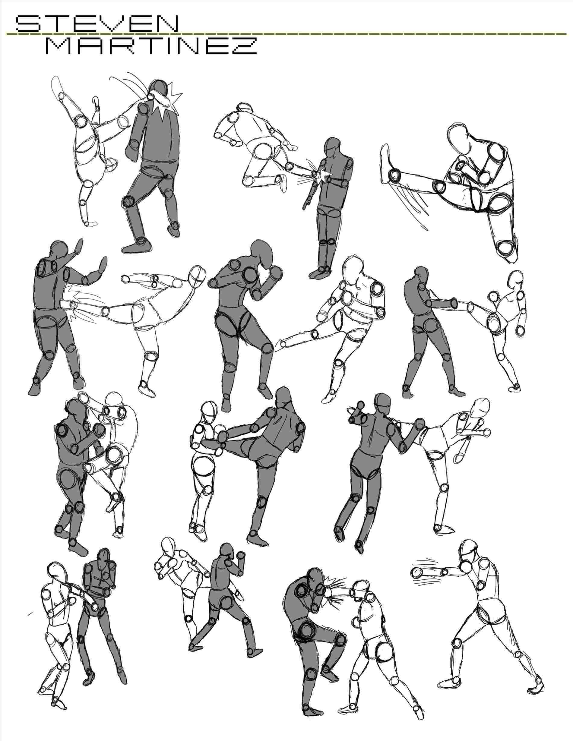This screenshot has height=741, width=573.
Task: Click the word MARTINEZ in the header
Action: (x=151, y=46)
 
